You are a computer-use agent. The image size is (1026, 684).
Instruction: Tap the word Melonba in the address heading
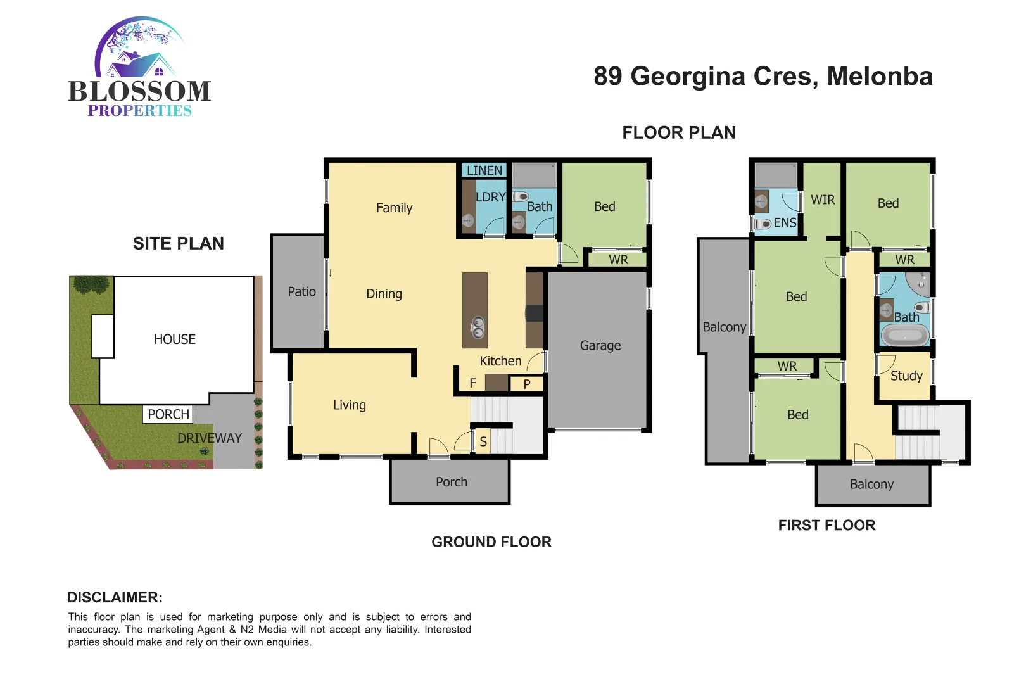pos(880,77)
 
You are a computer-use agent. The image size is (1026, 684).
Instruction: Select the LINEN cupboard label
pos(484,170)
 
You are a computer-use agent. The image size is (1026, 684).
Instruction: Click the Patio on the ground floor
pos(301,292)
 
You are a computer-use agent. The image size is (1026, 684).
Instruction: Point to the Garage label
pos(600,346)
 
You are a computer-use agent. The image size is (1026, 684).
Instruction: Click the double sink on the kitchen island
pos(478,327)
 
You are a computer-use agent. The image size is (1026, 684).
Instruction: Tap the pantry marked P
pos(527,384)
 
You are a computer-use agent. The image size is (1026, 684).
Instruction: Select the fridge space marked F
pos(472,383)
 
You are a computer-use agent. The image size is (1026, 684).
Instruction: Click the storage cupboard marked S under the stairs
pos(483,441)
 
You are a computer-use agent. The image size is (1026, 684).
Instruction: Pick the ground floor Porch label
pos(451,482)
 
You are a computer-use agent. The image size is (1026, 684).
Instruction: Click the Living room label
pos(349,405)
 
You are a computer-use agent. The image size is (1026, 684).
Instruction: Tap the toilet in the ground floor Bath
pos(520,196)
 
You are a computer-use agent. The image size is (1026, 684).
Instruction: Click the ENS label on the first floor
pos(785,223)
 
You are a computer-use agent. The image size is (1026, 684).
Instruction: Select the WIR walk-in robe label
pos(823,200)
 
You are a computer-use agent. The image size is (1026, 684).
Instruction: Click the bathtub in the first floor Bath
pos(905,336)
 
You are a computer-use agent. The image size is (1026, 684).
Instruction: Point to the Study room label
pos(906,376)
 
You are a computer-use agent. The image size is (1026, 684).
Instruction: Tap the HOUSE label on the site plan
pos(175,339)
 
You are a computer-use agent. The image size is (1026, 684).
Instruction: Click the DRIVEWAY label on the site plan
pos(210,438)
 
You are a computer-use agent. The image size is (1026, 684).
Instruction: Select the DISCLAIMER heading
pos(115,597)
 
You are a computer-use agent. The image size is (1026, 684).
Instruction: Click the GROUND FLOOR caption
pos(491,542)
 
